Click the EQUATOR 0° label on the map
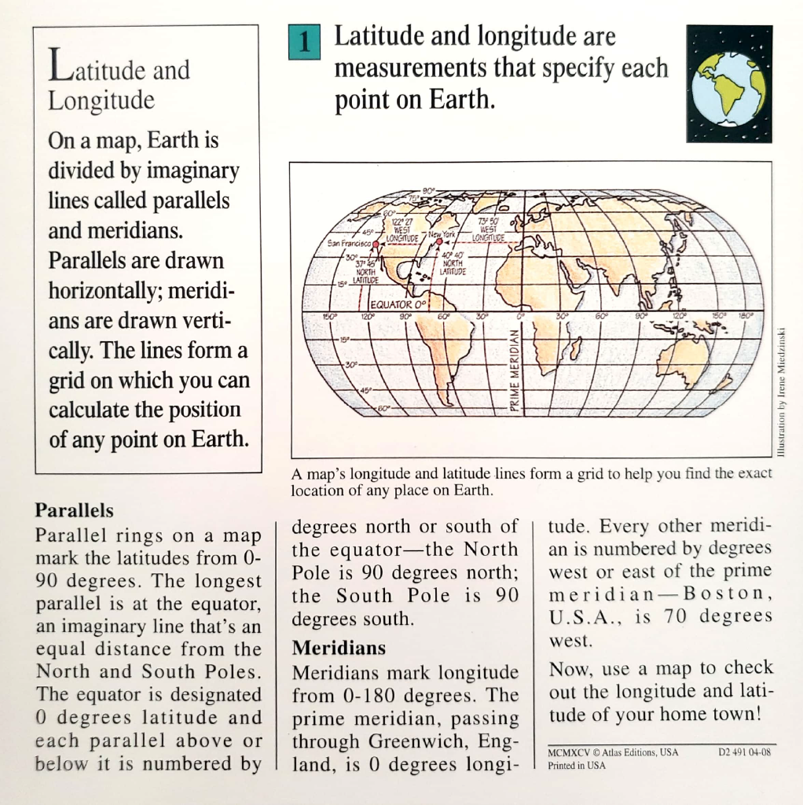(398, 303)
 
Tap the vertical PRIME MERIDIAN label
(515, 369)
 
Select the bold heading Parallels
(75, 510)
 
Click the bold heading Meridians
(339, 649)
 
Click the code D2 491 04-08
(746, 752)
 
